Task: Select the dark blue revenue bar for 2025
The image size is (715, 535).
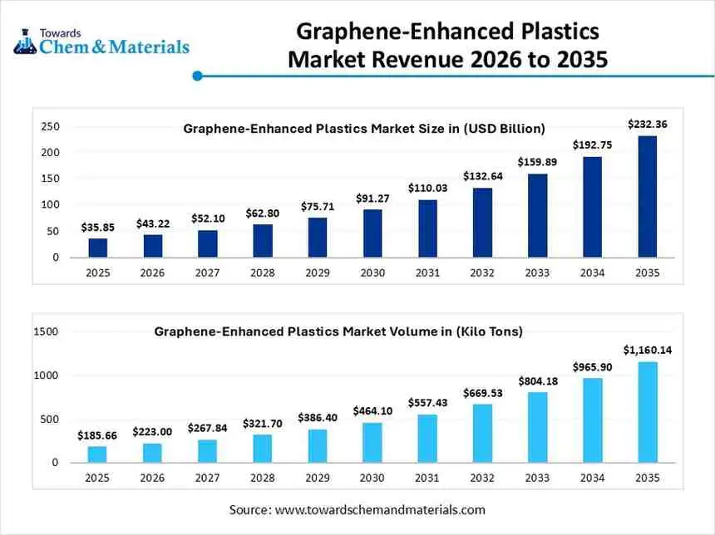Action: tap(98, 248)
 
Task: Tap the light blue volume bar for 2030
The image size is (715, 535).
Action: tap(372, 442)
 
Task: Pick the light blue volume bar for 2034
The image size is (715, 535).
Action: tap(592, 420)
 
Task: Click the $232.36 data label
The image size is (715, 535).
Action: tap(647, 125)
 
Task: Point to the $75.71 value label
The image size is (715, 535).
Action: tap(318, 206)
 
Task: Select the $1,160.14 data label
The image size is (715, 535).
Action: tap(647, 350)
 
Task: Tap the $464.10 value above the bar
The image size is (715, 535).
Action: tap(372, 410)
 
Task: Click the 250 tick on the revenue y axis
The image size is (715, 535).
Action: tap(51, 126)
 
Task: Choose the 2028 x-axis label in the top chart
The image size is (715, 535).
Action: tap(263, 272)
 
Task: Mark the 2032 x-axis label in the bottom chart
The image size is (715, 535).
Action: tap(482, 477)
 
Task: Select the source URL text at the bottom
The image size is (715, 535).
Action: tap(357, 509)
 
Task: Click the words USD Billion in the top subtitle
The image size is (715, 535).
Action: tap(504, 129)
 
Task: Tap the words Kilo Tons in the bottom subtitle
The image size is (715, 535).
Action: tap(488, 331)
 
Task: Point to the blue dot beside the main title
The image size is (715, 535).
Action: tap(197, 76)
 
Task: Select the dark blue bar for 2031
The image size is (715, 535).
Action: tap(427, 228)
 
